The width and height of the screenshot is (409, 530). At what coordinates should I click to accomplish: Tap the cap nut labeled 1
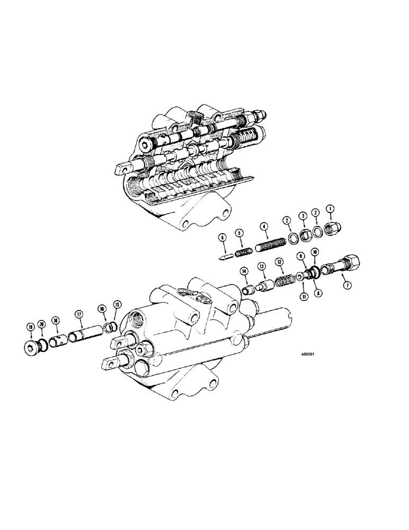(x=334, y=229)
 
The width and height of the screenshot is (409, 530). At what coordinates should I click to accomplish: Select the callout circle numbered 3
(x=303, y=215)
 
